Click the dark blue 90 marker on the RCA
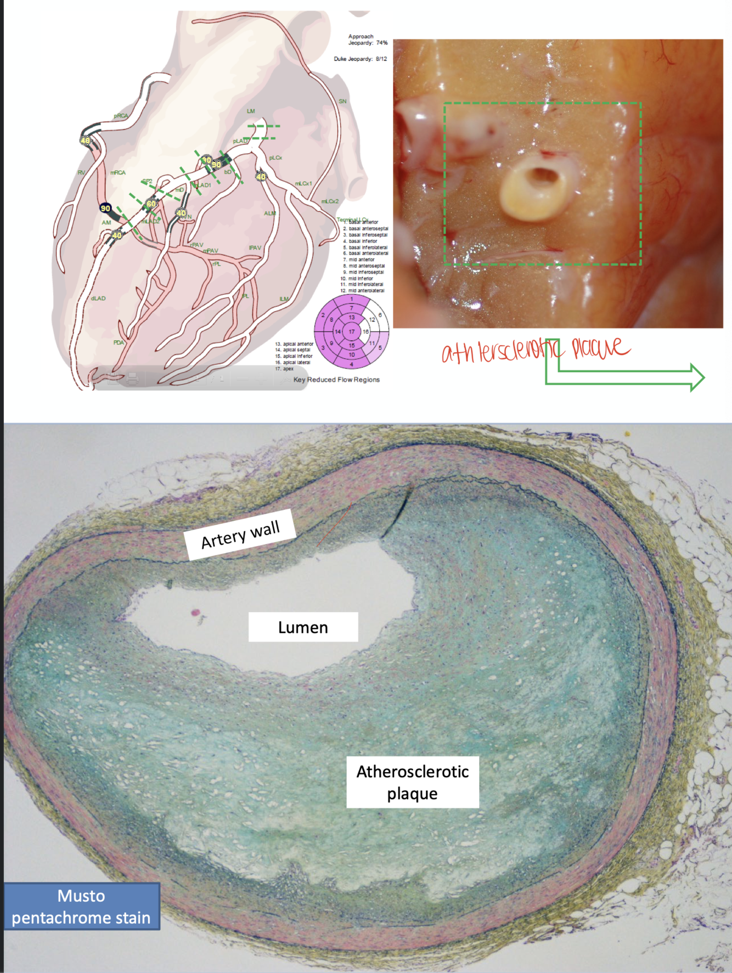105,208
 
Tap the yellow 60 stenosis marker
151,204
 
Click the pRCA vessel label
121,116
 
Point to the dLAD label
98,299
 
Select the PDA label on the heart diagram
119,342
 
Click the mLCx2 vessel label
330,201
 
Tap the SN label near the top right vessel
342,101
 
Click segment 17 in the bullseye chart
352,331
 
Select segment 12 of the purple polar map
372,319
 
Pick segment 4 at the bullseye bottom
352,364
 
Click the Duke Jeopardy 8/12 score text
360,59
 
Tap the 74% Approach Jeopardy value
382,43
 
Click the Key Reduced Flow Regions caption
336,380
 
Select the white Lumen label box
303,627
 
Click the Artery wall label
240,535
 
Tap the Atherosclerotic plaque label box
413,782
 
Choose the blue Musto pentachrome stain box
81,906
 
